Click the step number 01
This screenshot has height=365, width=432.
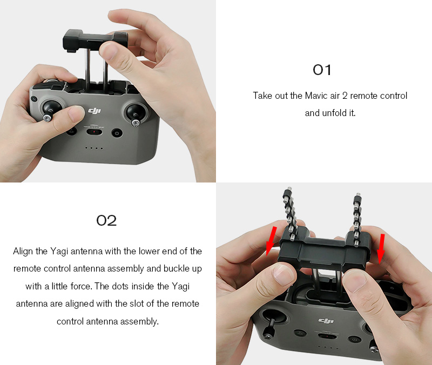[x=322, y=70]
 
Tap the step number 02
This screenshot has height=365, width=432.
[x=106, y=221]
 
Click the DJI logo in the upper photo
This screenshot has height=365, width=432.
[x=94, y=111]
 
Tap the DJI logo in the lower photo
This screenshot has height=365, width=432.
[x=326, y=320]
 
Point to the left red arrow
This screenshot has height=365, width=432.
[x=271, y=241]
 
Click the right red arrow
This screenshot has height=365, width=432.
[x=381, y=248]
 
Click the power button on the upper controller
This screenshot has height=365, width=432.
[x=117, y=133]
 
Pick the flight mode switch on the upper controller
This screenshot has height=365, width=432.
[x=94, y=132]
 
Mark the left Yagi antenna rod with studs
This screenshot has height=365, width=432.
[x=288, y=213]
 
